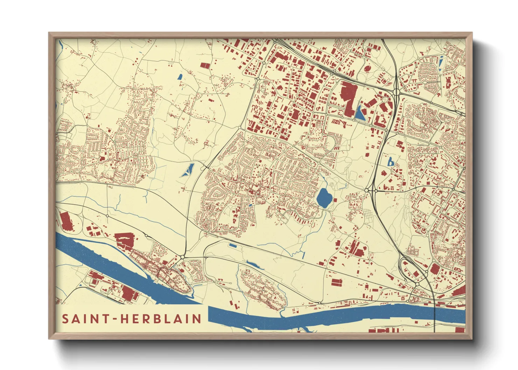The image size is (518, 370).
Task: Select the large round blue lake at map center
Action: pyautogui.click(x=324, y=198)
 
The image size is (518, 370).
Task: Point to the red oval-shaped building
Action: pyautogui.click(x=367, y=69)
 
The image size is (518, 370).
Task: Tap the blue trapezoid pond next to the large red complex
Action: pyautogui.click(x=360, y=113)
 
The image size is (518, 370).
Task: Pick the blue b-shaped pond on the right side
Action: pyautogui.click(x=390, y=162)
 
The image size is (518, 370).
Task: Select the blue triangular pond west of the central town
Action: pyautogui.click(x=188, y=170)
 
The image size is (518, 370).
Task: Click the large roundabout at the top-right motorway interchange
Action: pyautogui.click(x=397, y=92)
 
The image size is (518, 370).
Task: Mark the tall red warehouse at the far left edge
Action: pyautogui.click(x=65, y=221)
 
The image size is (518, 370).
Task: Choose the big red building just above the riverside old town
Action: pyautogui.click(x=125, y=240)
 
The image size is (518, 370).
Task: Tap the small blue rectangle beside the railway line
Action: pyautogui.click(x=233, y=246)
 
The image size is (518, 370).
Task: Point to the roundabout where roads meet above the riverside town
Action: pyautogui.click(x=182, y=257)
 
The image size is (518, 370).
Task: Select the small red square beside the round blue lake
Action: pyautogui.click(x=335, y=200)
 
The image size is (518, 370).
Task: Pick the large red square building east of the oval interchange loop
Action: pyautogui.click(x=434, y=269)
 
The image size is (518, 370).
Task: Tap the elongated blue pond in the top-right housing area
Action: pyautogui.click(x=441, y=63)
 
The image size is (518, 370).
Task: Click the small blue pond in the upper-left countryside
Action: pyautogui.click(x=180, y=77)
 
